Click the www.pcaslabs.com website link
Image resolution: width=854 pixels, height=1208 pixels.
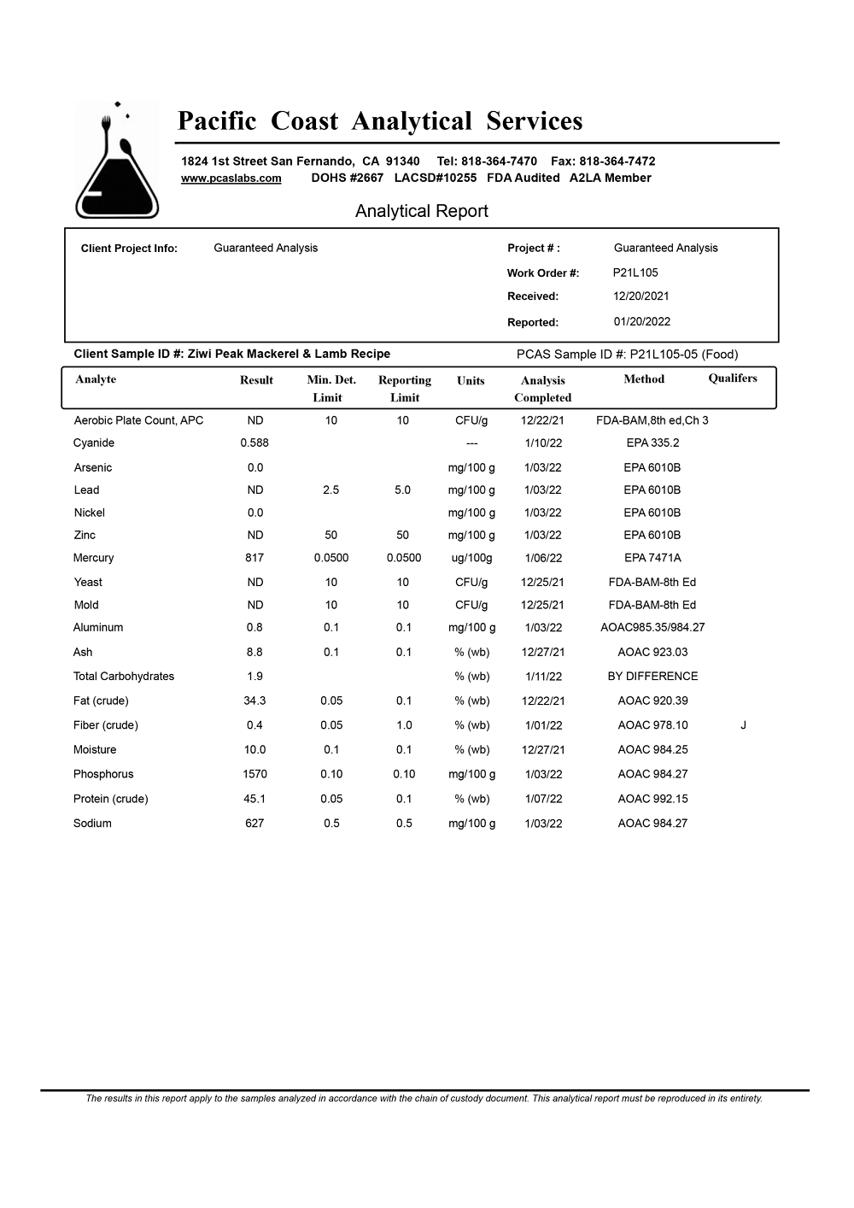click(231, 179)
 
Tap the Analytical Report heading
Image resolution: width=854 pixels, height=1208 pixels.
click(421, 211)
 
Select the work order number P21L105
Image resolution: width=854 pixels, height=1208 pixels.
click(635, 273)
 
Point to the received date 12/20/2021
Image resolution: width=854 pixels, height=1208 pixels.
click(640, 296)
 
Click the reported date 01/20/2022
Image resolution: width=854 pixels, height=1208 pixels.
click(641, 322)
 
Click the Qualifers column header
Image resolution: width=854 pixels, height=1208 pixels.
click(732, 378)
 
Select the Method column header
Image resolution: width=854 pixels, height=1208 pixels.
click(644, 379)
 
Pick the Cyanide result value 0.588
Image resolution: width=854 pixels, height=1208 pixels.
click(254, 443)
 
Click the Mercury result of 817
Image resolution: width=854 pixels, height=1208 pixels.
click(254, 558)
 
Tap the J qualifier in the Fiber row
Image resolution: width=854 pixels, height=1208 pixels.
click(743, 725)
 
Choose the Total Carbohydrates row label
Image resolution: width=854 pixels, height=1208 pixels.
click(124, 676)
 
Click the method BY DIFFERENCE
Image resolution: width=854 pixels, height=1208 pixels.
click(652, 676)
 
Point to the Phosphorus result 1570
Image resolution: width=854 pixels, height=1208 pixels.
click(254, 774)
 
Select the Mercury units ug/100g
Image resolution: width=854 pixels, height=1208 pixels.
click(471, 558)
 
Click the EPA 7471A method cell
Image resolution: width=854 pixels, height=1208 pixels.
click(652, 558)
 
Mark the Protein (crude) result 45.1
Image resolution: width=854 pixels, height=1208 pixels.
click(254, 799)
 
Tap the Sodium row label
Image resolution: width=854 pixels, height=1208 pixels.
click(92, 824)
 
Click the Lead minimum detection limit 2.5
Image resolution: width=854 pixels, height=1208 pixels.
click(330, 490)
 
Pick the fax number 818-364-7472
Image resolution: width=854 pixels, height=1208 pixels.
click(617, 161)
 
